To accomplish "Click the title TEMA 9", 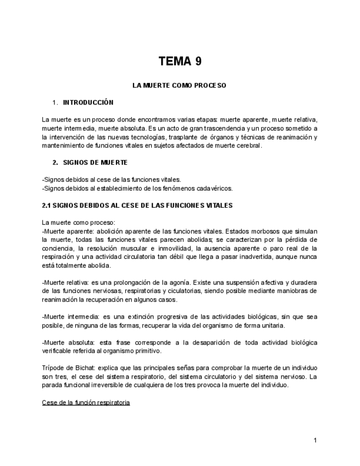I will point(180,62).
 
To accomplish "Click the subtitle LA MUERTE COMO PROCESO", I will point(180,86).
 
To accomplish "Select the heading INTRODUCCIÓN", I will point(88,102).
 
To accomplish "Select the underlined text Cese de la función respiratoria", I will point(86,403).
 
